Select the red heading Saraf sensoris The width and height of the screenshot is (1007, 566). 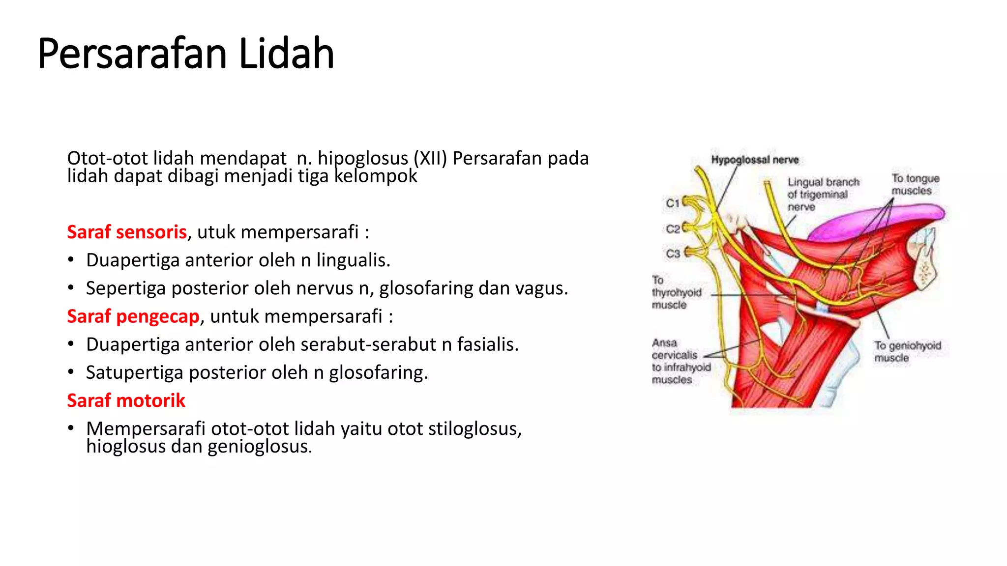click(x=127, y=232)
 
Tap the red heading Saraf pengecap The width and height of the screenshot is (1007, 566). click(x=133, y=316)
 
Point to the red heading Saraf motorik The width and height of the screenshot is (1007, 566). click(x=126, y=401)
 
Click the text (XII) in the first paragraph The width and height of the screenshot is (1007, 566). click(x=430, y=158)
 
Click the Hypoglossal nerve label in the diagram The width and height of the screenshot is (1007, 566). click(x=755, y=160)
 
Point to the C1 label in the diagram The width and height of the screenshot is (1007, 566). click(x=673, y=203)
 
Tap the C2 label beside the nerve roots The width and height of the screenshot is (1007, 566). click(x=673, y=229)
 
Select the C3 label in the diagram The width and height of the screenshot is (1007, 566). click(x=673, y=254)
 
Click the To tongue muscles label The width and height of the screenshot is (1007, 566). click(x=915, y=185)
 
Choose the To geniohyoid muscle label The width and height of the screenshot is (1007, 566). click(x=907, y=352)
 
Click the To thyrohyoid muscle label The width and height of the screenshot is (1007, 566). click(x=676, y=292)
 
